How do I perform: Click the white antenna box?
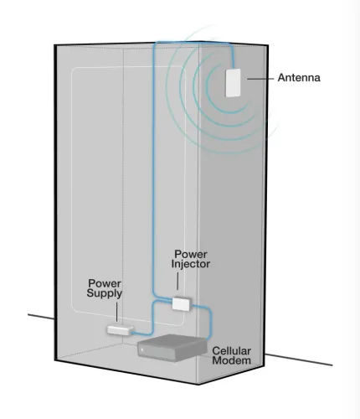(233, 83)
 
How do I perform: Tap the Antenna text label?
(299, 78)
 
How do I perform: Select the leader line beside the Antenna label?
(260, 79)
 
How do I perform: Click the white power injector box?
(182, 303)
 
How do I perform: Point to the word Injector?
(191, 264)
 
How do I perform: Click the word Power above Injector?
(191, 254)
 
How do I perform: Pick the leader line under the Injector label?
(177, 281)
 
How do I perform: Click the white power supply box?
(121, 329)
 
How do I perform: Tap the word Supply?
(105, 293)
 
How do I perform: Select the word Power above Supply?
(105, 283)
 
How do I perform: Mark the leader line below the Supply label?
(116, 312)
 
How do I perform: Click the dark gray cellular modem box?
(172, 348)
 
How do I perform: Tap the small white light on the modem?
(142, 350)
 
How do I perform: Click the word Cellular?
(232, 351)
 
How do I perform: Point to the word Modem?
(232, 360)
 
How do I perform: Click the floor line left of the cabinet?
(41, 317)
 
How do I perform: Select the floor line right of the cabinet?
(299, 360)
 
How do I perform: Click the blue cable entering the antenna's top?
(233, 57)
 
